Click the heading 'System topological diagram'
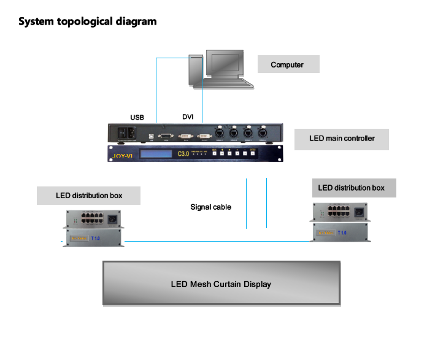tap(87, 22)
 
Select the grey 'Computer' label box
tap(287, 64)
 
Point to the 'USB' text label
tap(137, 117)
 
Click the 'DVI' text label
tap(188, 117)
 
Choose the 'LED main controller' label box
tap(342, 139)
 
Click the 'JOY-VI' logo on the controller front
tap(122, 156)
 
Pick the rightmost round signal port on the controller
tap(263, 132)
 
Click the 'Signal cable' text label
tap(210, 207)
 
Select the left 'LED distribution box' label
tap(89, 196)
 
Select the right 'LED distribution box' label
tap(352, 188)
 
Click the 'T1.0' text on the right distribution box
tap(342, 233)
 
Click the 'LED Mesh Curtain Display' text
tap(221, 284)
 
